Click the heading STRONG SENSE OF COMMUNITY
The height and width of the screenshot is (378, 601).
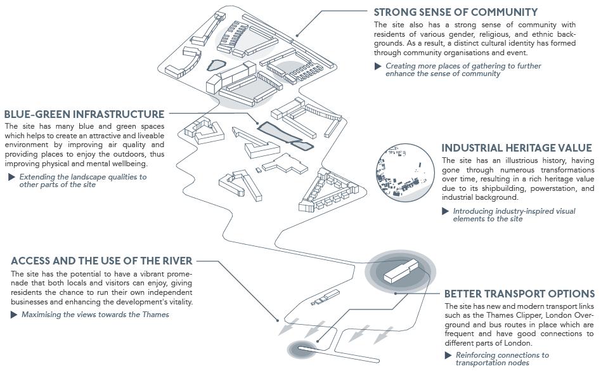[455, 12]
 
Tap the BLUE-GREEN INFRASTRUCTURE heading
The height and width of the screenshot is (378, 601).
[84, 114]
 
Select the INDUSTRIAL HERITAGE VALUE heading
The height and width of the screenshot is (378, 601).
[517, 148]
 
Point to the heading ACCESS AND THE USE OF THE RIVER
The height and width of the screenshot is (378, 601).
[101, 261]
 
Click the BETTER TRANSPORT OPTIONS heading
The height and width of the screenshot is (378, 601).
[519, 294]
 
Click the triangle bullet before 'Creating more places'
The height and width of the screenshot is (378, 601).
[378, 66]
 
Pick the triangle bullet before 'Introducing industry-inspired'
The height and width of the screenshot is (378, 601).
[446, 211]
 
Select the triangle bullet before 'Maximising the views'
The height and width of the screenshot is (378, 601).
[15, 315]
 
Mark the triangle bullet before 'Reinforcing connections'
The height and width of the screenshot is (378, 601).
[449, 355]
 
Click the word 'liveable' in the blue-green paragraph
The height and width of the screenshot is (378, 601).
[147, 136]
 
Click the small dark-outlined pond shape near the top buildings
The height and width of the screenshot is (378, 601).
[216, 64]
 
